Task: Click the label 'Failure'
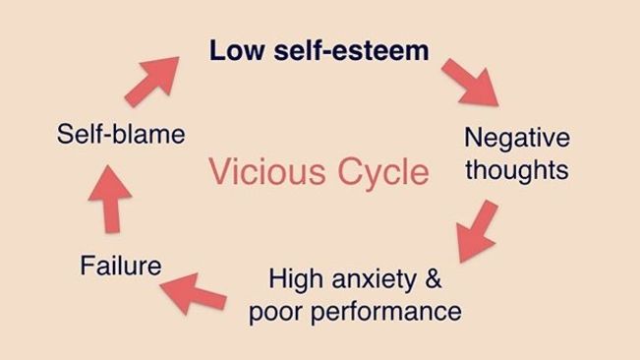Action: pos(121,265)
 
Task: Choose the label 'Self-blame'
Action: pos(121,134)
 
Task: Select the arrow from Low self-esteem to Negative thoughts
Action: pos(472,80)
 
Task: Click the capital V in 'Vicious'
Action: pos(220,172)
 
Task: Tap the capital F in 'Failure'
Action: pos(87,265)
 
